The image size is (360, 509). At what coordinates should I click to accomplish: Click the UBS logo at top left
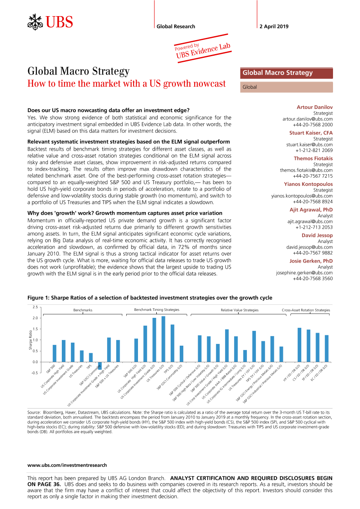(50, 21)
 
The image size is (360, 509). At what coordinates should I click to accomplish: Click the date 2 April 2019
(274, 27)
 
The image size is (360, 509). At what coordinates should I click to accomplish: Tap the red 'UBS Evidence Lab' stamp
(202, 49)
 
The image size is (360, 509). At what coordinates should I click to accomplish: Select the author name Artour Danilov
(315, 107)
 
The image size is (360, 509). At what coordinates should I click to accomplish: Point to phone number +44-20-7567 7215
(313, 176)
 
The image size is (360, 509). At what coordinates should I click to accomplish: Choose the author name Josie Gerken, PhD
(311, 261)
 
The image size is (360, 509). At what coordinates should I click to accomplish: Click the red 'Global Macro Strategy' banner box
(286, 73)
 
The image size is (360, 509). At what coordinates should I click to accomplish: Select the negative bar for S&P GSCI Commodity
(100, 366)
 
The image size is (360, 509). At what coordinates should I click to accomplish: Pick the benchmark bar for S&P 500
(54, 353)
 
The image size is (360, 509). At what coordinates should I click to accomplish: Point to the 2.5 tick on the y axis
(35, 307)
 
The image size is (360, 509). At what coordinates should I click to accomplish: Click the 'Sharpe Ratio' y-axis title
(30, 340)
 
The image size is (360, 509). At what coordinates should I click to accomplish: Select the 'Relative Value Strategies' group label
(239, 310)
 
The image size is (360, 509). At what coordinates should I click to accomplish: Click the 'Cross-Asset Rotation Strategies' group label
(306, 310)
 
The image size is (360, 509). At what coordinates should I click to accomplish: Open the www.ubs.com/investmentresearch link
(67, 465)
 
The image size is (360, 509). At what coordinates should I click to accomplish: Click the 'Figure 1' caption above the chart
(150, 298)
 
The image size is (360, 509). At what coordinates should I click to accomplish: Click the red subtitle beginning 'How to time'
(127, 84)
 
